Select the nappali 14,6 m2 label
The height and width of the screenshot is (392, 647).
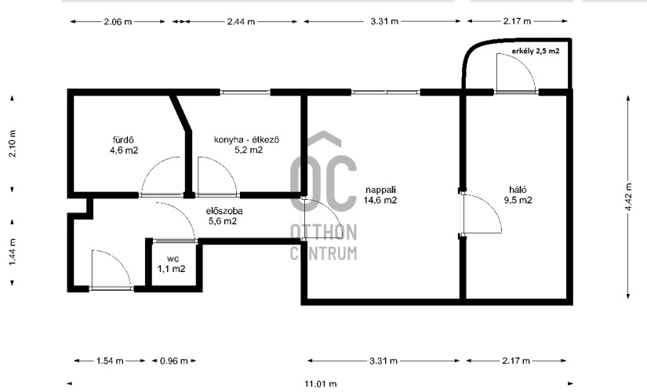(380, 194)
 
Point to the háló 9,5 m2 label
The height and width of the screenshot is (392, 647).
(518, 194)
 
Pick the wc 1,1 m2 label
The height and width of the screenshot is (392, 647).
(171, 263)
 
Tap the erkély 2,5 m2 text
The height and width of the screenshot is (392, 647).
(535, 51)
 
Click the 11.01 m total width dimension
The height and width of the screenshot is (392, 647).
(321, 384)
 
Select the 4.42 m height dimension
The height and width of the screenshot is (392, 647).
(628, 197)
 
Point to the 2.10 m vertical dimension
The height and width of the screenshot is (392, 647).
(13, 143)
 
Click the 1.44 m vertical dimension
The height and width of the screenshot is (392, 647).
(13, 252)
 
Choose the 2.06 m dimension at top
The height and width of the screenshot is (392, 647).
(118, 21)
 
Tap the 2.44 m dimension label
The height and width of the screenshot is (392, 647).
(241, 21)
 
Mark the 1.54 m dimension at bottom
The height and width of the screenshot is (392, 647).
(110, 361)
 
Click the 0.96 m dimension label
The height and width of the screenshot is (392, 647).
(174, 361)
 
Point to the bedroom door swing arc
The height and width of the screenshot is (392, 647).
(491, 205)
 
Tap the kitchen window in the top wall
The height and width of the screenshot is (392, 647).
(245, 93)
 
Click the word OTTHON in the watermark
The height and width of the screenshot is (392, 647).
(323, 232)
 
